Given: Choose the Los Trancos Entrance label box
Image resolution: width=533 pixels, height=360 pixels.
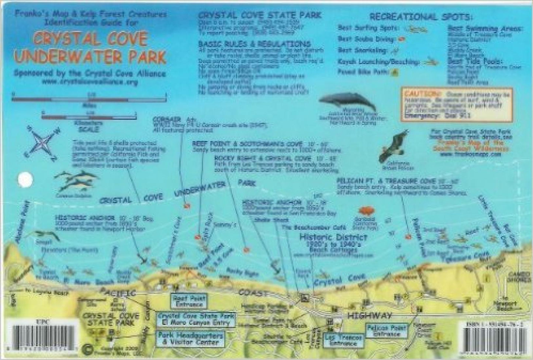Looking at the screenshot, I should (x=341, y=340).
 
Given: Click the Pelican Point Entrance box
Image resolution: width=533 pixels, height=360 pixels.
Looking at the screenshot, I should (x=386, y=330).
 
